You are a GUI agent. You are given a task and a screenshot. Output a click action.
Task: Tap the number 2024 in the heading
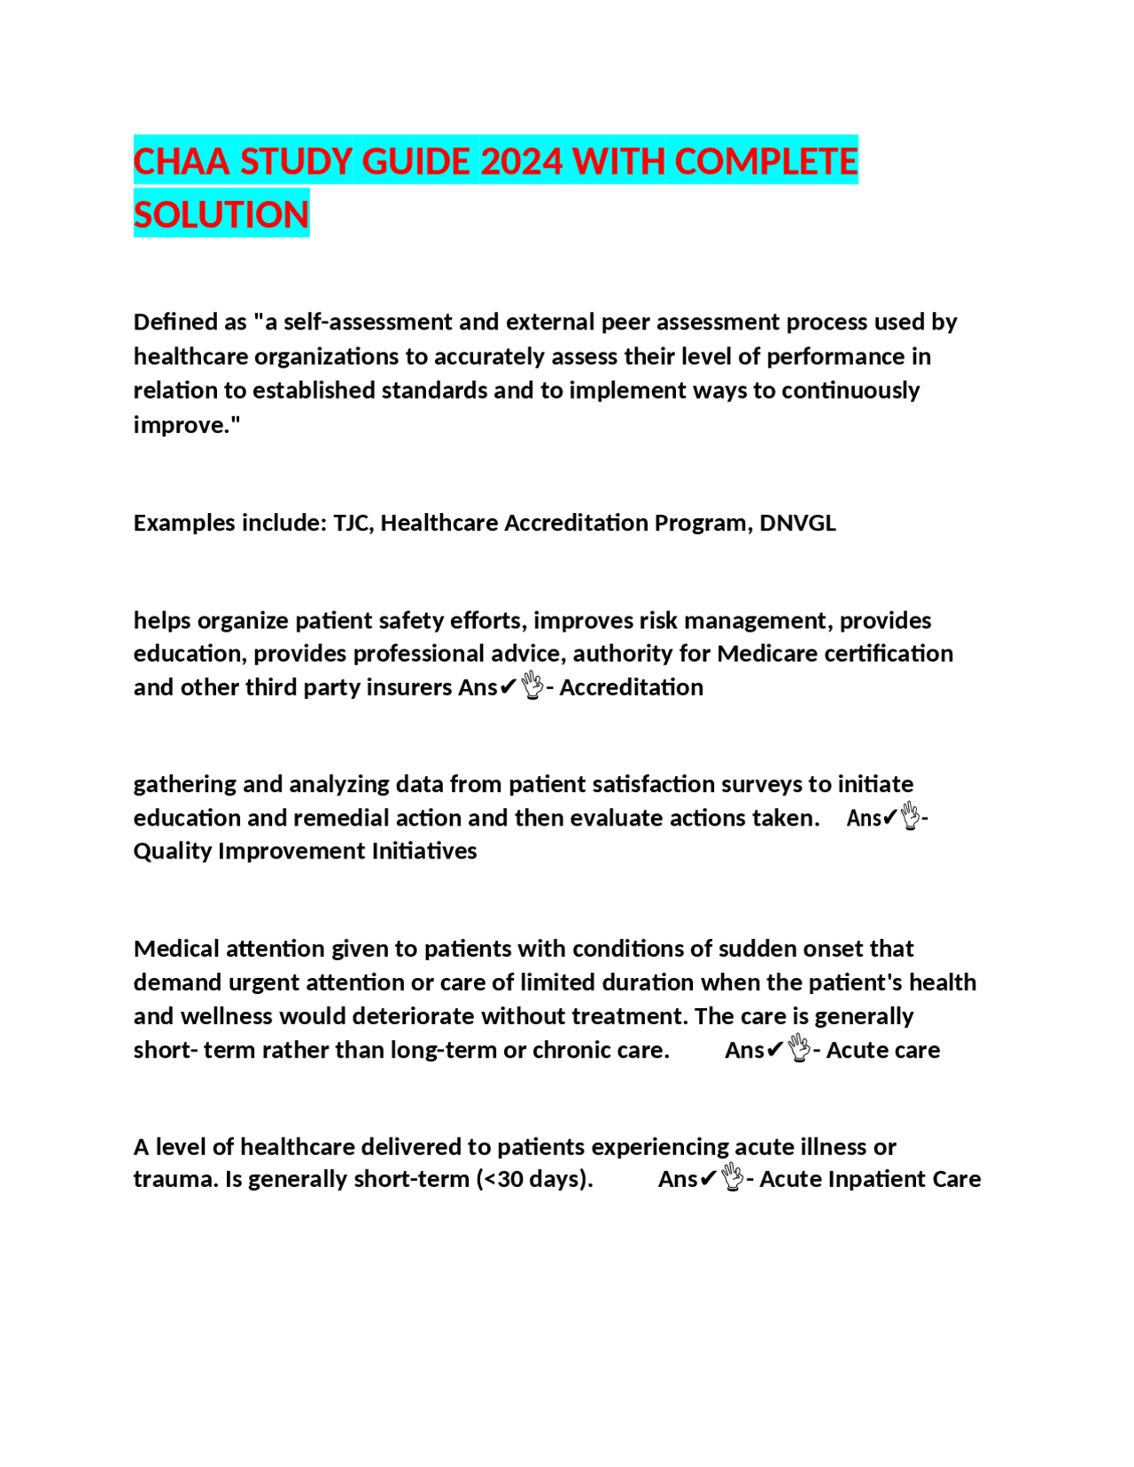point(521,161)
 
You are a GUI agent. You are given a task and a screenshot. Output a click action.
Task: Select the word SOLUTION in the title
point(221,214)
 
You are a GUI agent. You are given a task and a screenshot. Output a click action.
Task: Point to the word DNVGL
point(797,523)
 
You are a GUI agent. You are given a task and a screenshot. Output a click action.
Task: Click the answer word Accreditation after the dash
point(632,687)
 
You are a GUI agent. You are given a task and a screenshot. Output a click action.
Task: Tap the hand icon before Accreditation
point(532,686)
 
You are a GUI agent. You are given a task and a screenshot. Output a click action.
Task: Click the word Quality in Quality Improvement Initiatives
point(173,851)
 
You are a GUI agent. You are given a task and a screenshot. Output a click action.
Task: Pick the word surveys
point(761,784)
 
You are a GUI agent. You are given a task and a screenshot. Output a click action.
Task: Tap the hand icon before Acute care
point(799,1049)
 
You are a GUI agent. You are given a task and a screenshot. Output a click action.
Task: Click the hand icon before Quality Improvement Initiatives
point(911,816)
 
